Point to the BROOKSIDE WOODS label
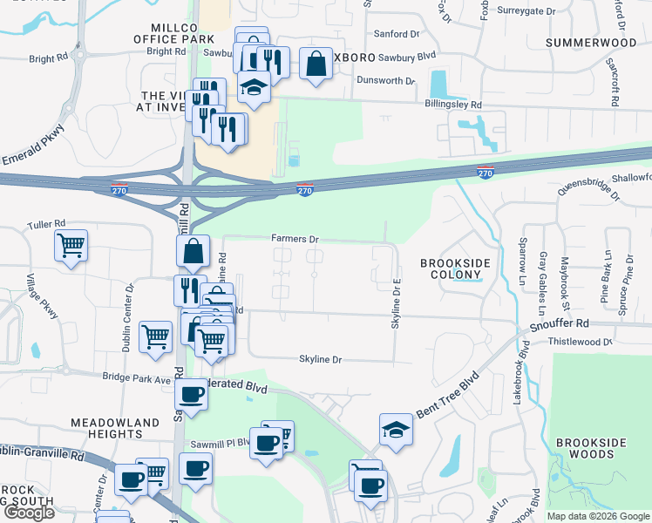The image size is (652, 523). tap(591, 448)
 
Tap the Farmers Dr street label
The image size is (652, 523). tap(295, 238)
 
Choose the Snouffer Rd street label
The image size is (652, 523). tap(559, 323)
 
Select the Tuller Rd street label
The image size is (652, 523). tap(46, 224)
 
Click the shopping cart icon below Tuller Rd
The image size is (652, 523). tap(71, 245)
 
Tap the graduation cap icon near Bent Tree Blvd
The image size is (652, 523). tap(396, 429)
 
